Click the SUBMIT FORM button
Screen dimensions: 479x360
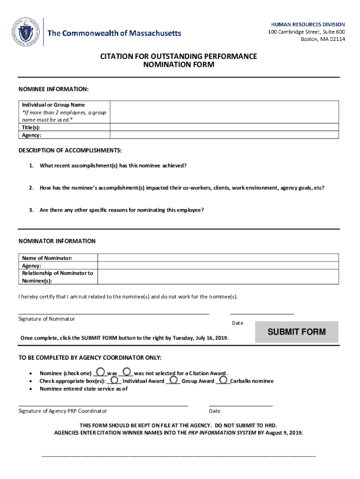296,332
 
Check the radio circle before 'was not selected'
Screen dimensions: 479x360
127,372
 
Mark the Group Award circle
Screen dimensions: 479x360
173,380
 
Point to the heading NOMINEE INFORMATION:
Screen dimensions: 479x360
53,89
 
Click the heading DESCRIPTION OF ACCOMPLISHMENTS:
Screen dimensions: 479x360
70,150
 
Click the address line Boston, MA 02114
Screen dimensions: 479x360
323,39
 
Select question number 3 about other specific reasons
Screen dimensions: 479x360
122,210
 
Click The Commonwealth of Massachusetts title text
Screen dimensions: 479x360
115,33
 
